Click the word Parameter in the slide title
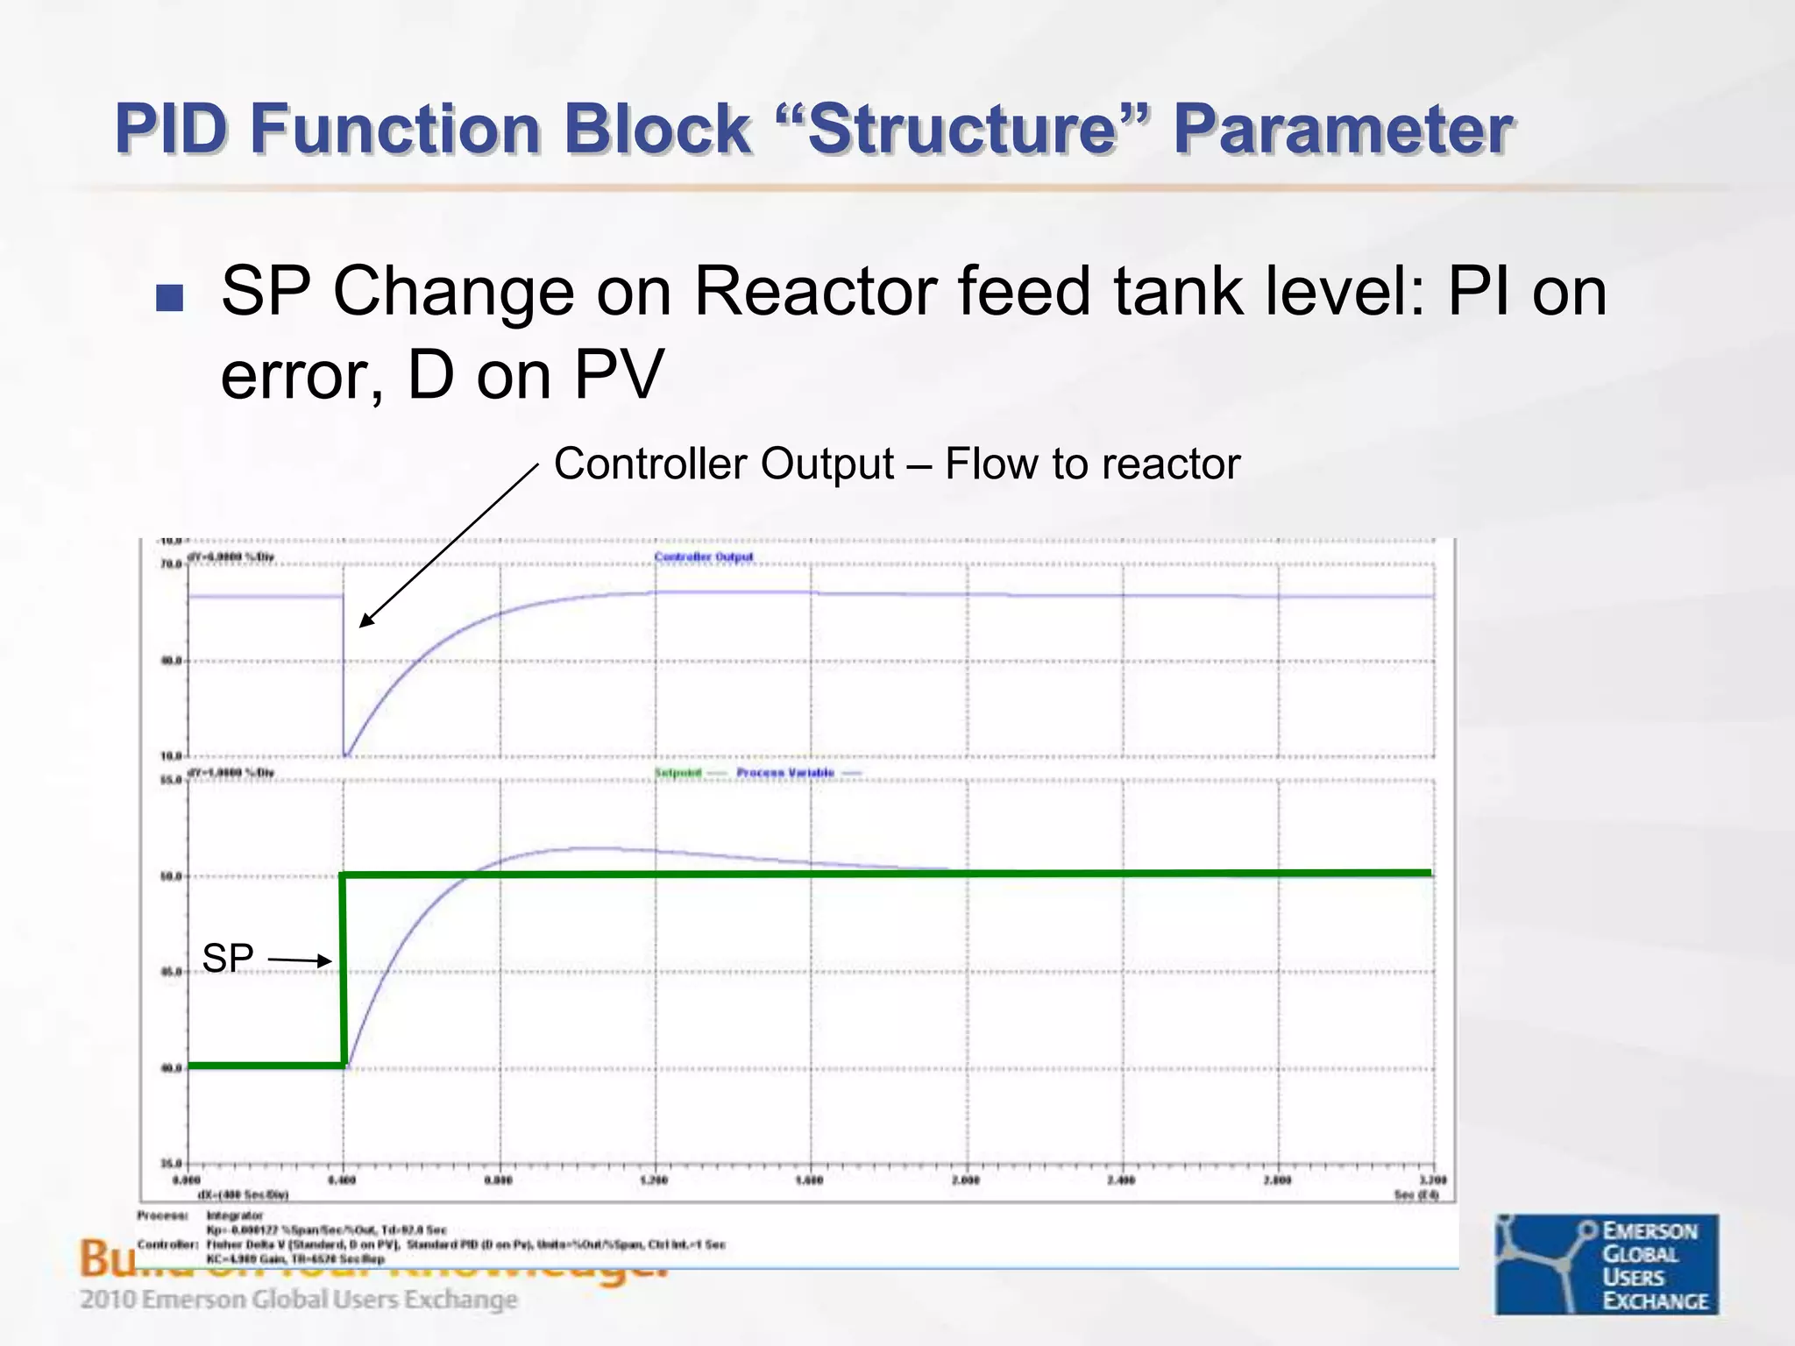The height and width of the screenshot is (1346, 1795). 1342,130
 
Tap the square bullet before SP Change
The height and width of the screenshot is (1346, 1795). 169,298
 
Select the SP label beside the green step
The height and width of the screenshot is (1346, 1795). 228,958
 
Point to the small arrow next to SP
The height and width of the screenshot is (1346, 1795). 300,960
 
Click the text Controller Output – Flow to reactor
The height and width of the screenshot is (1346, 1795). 897,464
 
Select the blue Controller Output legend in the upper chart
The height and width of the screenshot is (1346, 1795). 704,557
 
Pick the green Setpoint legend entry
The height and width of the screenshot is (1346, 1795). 678,773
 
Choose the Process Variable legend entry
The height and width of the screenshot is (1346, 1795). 785,773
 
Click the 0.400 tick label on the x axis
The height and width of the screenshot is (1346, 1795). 343,1180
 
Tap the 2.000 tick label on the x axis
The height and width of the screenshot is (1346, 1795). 966,1180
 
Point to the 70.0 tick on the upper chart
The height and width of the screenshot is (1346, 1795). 171,564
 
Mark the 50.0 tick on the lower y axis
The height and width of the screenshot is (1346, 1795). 171,876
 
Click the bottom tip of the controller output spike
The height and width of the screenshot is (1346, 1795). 346,754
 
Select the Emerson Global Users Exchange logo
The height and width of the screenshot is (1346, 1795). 1607,1265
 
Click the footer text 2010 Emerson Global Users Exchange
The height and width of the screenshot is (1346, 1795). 299,1300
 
